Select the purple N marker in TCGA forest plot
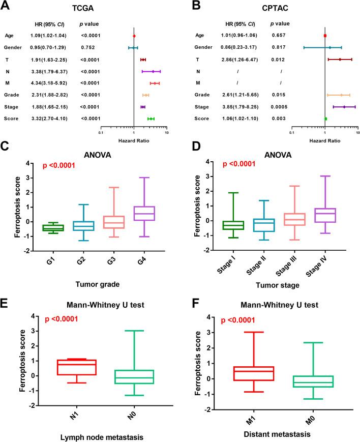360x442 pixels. tap(153, 71)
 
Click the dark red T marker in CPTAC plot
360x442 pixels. tap(340, 60)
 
